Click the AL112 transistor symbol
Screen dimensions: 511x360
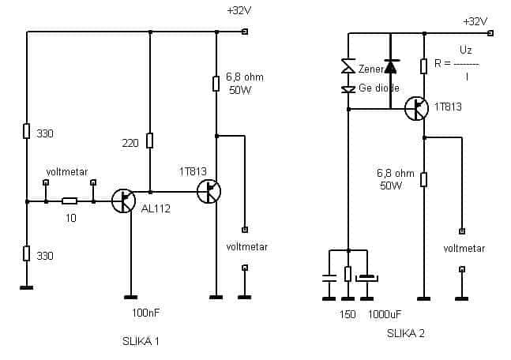pyautogui.click(x=123, y=201)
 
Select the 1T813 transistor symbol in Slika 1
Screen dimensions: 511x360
pyautogui.click(x=209, y=191)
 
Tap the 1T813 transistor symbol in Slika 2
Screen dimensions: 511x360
pyautogui.click(x=416, y=108)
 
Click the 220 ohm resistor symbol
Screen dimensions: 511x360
pyautogui.click(x=149, y=141)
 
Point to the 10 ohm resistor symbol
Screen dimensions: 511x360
pyautogui.click(x=70, y=201)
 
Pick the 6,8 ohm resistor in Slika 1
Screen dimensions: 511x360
pyautogui.click(x=216, y=84)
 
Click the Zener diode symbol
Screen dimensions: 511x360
pyautogui.click(x=348, y=66)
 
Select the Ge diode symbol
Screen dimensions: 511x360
pyautogui.click(x=348, y=89)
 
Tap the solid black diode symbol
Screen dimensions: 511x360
pyautogui.click(x=390, y=66)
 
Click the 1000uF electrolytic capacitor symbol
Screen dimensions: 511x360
pyautogui.click(x=367, y=278)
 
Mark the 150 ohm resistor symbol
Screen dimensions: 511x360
pyautogui.click(x=348, y=274)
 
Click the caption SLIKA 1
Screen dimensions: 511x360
pyautogui.click(x=141, y=341)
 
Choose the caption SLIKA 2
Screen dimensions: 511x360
pyautogui.click(x=406, y=333)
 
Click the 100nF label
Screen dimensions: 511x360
pyautogui.click(x=145, y=313)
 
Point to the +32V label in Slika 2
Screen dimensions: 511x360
pyautogui.click(x=475, y=22)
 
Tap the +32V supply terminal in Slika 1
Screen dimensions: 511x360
pyautogui.click(x=245, y=32)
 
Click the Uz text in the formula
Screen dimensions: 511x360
pyautogui.click(x=466, y=50)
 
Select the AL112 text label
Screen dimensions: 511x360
pyautogui.click(x=156, y=208)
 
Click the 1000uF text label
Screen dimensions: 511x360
pyautogui.click(x=385, y=314)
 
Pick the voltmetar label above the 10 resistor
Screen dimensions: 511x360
pyautogui.click(x=67, y=171)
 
